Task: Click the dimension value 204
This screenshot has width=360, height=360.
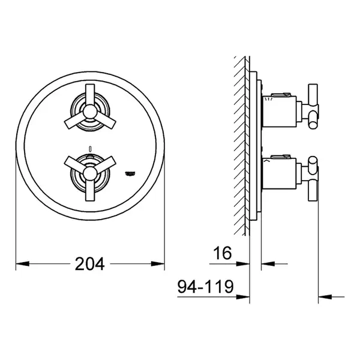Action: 89,263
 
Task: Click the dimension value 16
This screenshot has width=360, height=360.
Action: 223,253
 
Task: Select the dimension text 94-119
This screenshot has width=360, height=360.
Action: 205,286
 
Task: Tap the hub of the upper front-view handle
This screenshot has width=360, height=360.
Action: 90,112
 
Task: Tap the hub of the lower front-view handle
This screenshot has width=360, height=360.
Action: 90,173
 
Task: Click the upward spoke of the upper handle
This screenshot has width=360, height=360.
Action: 90,95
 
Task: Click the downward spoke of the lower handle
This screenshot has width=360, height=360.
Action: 90,190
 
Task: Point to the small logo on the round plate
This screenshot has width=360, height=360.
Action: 130,174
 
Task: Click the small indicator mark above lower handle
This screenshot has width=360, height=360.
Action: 90,149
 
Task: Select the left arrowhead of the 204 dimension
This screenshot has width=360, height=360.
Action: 23,263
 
